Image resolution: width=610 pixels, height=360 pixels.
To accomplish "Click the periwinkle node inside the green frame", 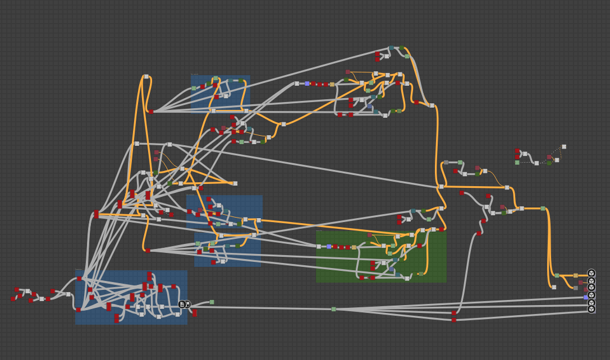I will coord(329,246).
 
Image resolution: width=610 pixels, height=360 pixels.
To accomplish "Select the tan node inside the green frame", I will coord(354,247).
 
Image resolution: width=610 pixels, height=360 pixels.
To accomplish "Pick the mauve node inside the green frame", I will coord(369,236).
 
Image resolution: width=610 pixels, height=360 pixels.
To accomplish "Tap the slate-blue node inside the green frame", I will coord(392,269).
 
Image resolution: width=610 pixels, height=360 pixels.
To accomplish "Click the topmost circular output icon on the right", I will coord(591,273).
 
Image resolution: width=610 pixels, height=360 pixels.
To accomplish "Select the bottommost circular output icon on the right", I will coord(591,309).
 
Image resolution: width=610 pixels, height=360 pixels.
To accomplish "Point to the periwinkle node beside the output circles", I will coord(585,297).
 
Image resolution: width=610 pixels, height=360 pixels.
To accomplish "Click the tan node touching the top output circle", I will coord(575,275).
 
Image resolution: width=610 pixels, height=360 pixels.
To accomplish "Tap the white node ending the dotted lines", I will coord(564,147).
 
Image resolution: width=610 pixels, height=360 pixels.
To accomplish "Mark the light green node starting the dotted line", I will coord(517,163).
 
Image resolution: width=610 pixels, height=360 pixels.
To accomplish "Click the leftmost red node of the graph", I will coord(13,299).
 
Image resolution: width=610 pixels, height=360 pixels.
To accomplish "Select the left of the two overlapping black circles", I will coord(182,304).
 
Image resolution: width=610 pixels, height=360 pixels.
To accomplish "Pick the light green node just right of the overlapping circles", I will coord(212,302).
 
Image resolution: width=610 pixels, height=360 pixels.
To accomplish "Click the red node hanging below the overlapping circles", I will coord(195,313).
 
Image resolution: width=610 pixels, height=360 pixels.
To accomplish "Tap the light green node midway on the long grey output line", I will coord(333,309).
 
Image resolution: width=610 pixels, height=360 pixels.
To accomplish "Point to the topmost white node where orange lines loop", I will coord(146,77).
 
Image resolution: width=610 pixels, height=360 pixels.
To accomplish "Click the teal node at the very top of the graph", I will coord(391,48).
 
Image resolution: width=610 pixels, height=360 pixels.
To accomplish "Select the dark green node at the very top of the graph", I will coord(401,48).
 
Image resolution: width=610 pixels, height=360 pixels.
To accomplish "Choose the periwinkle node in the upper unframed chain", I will coord(307,84).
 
